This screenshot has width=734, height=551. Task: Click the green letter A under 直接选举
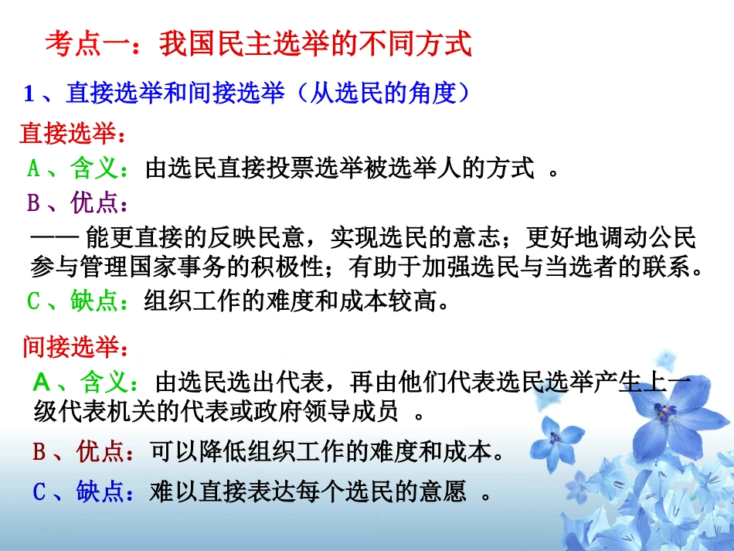point(33,168)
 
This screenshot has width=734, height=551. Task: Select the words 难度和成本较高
point(364,300)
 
